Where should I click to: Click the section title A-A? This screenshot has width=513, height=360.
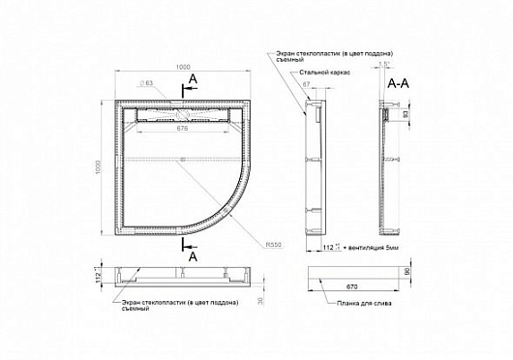pyautogui.click(x=400, y=84)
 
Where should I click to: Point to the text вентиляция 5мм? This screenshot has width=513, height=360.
pyautogui.click(x=368, y=250)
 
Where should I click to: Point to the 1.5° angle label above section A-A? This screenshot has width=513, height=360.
pyautogui.click(x=387, y=65)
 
